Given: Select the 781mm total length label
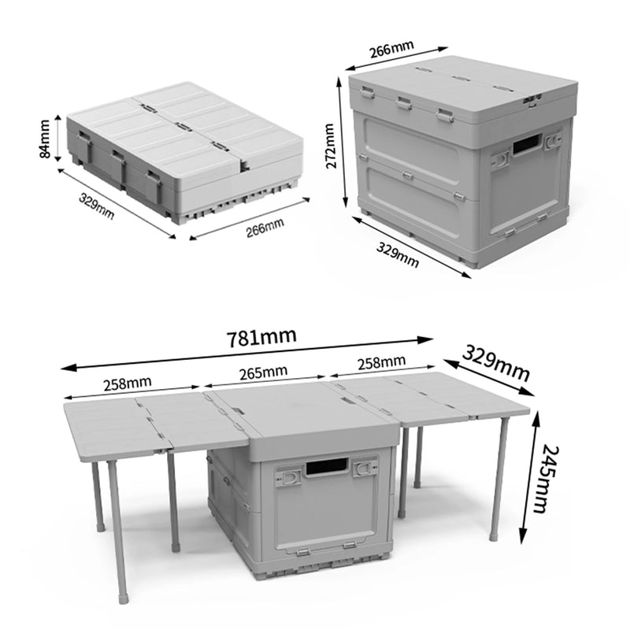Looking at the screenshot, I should point(261,337).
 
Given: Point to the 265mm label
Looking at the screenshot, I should point(262,370).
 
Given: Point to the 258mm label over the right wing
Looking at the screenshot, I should point(382,362).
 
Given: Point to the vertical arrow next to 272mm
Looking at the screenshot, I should point(345,144).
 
